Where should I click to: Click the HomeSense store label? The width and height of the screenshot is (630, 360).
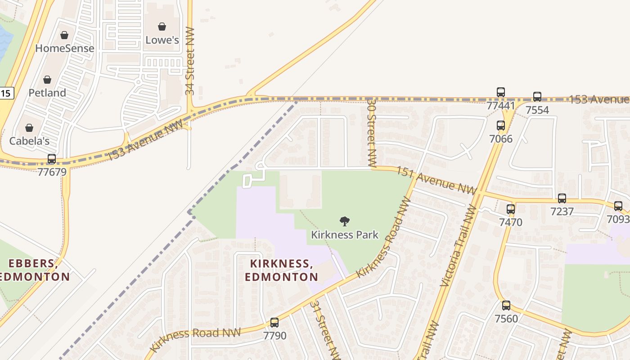pos(64,48)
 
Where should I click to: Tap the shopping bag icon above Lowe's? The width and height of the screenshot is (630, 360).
pos(162,27)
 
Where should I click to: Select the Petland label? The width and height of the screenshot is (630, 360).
pos(47,93)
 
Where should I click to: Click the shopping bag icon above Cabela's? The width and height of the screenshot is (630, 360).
pos(29,128)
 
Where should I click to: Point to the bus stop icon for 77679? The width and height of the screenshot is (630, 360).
pos(52,159)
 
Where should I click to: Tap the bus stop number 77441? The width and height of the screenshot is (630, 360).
pos(500,105)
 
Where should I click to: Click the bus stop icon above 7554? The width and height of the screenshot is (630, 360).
pos(537,97)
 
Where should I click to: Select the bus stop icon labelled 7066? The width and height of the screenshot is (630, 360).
pos(501,126)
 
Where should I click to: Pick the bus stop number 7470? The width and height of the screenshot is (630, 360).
pos(510,222)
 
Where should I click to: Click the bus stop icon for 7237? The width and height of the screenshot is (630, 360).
pos(562,198)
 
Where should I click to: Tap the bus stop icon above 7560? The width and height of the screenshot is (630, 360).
pos(506,306)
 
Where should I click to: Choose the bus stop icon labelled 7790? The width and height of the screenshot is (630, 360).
pos(274,323)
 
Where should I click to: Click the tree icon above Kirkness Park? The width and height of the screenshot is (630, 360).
pos(345,221)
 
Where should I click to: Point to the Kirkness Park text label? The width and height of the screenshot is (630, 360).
pos(345,234)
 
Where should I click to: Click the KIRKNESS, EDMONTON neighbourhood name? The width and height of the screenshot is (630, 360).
pos(281,270)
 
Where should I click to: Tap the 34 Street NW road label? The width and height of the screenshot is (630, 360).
pos(190,61)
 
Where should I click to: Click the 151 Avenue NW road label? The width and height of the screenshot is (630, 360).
pos(435,180)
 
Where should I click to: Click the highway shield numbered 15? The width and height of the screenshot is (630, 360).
pos(6,93)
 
